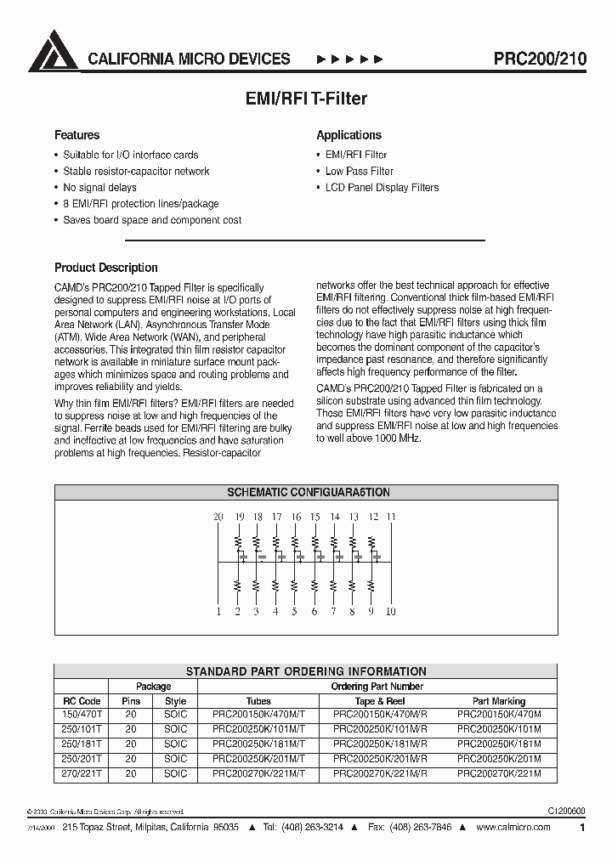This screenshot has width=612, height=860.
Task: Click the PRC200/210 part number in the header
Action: [x=540, y=59]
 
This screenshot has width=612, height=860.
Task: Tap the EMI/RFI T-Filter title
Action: [x=305, y=99]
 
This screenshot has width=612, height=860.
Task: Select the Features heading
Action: [x=76, y=135]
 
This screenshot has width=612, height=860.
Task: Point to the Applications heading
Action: [x=348, y=135]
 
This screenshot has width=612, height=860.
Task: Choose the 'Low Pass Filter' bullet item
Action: [x=360, y=171]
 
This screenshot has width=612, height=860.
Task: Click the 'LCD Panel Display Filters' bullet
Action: [x=382, y=187]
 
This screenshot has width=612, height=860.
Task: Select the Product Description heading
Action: [x=105, y=268]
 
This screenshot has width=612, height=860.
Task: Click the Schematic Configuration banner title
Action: [x=308, y=492]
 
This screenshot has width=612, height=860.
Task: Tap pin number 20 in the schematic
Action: [x=218, y=517]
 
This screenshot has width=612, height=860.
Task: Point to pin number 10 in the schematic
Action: [x=391, y=611]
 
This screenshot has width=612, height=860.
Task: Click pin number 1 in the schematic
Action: [x=218, y=611]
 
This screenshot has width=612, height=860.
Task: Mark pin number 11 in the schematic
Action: [x=391, y=517]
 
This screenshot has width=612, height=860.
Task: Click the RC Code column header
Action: [x=82, y=701]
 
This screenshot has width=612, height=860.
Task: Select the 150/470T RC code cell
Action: [x=82, y=716]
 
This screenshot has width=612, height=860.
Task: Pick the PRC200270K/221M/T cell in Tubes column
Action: [x=258, y=773]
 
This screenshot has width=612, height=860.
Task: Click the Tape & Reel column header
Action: [x=379, y=701]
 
